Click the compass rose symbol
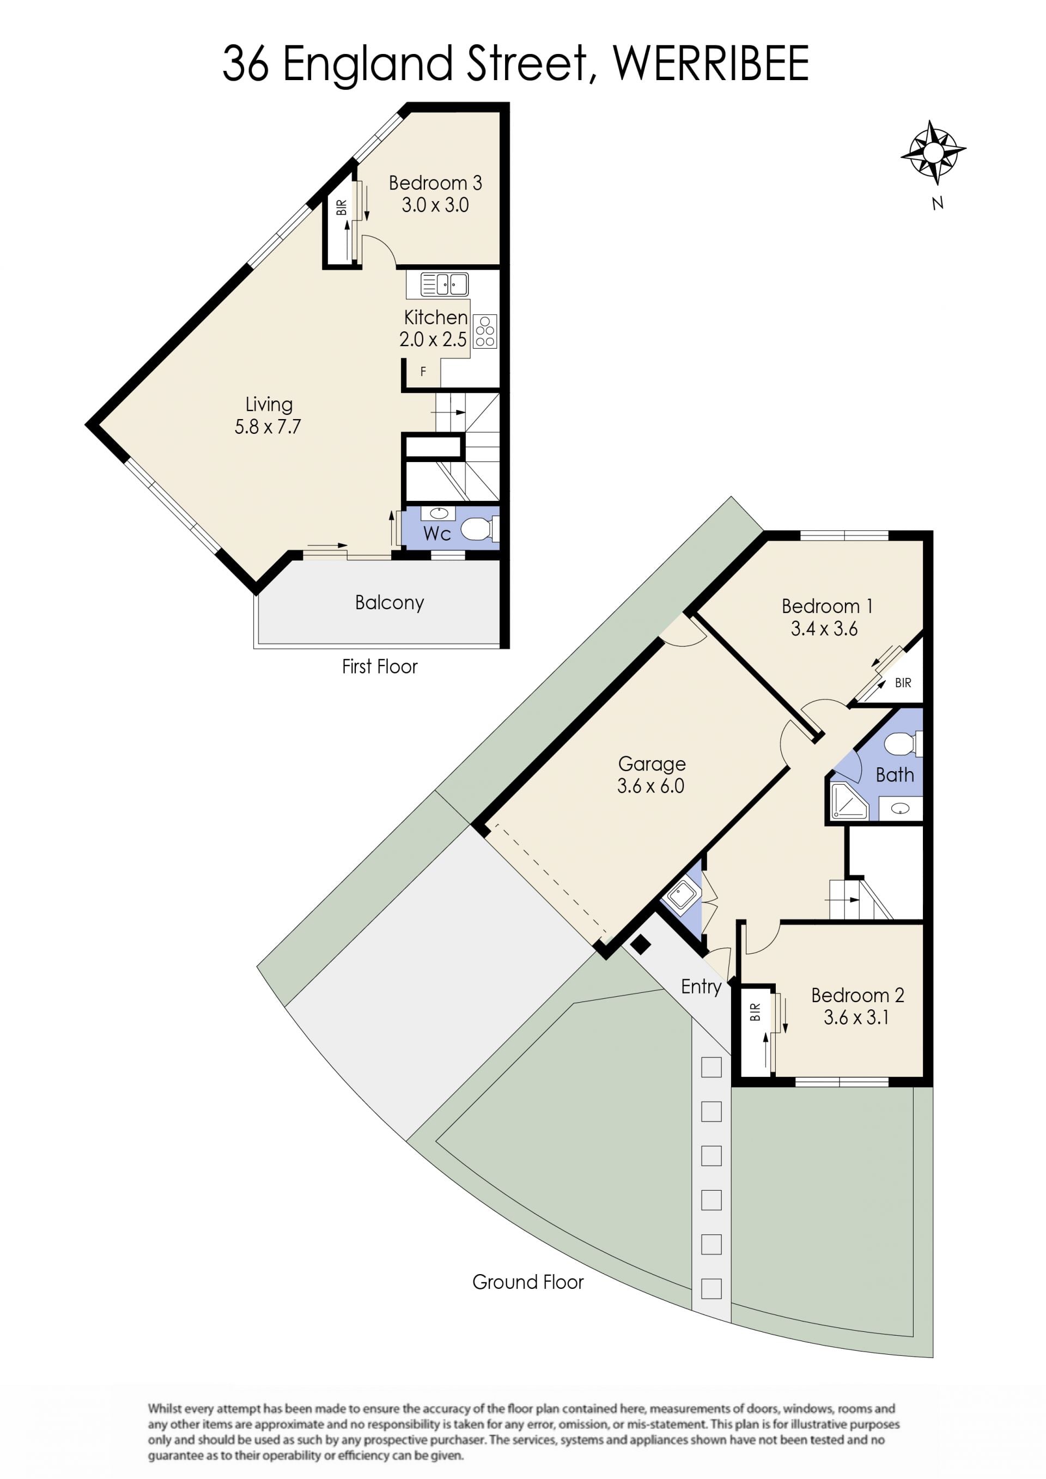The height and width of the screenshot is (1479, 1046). pyautogui.click(x=933, y=152)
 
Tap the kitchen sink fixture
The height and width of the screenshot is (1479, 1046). pyautogui.click(x=444, y=284)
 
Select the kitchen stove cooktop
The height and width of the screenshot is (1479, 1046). pyautogui.click(x=485, y=331)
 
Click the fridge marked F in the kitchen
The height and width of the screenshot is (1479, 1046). pyautogui.click(x=423, y=372)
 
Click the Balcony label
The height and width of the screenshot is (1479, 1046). pyautogui.click(x=389, y=603)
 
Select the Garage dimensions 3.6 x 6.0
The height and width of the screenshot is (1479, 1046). pyautogui.click(x=650, y=786)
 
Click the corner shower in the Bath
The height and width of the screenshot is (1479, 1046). pyautogui.click(x=849, y=801)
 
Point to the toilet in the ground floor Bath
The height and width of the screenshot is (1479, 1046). pyautogui.click(x=904, y=744)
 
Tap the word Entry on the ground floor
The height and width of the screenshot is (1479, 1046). pyautogui.click(x=701, y=987)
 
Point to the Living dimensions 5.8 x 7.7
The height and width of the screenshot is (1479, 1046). pyautogui.click(x=267, y=427)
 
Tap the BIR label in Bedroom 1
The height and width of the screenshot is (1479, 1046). pyautogui.click(x=903, y=683)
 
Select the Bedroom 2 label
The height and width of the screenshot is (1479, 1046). pyautogui.click(x=858, y=995)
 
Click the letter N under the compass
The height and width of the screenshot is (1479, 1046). pyautogui.click(x=938, y=204)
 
